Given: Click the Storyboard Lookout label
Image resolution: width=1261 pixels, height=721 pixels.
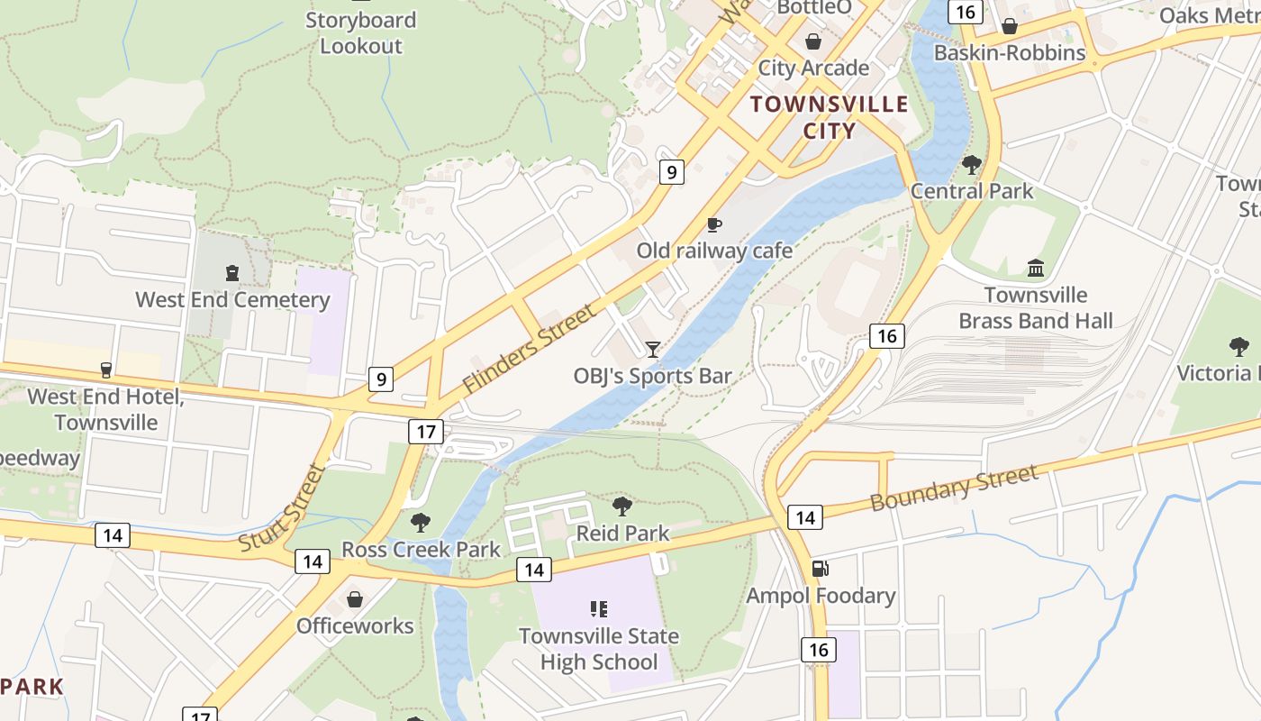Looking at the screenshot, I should pyautogui.click(x=360, y=33).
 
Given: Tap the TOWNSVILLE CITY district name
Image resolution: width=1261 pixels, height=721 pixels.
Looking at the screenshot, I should pyautogui.click(x=830, y=117).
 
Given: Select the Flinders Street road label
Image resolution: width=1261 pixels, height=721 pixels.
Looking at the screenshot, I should pyautogui.click(x=529, y=348).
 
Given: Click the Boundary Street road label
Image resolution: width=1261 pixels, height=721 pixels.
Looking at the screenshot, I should pyautogui.click(x=954, y=488).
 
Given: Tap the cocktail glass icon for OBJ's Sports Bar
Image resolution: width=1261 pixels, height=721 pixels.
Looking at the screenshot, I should pyautogui.click(x=653, y=350).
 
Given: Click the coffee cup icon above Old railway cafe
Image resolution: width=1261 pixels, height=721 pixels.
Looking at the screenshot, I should pyautogui.click(x=714, y=224).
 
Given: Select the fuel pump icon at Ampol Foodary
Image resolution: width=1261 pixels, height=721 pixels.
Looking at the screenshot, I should pyautogui.click(x=820, y=569).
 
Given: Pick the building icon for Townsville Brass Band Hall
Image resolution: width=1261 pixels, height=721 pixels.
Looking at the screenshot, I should pyautogui.click(x=1036, y=269).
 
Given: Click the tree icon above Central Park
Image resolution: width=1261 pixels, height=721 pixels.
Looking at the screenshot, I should pyautogui.click(x=971, y=165).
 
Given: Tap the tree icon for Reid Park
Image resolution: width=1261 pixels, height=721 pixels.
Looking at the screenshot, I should pyautogui.click(x=621, y=507).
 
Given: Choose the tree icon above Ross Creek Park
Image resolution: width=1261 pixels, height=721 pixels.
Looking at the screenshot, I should pyautogui.click(x=420, y=523).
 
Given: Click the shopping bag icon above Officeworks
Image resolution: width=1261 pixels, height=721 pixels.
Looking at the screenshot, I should pyautogui.click(x=355, y=599).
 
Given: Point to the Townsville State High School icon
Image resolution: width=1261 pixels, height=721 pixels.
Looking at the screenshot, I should pyautogui.click(x=598, y=609).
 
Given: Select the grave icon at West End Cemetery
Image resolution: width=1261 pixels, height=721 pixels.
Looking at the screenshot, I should pyautogui.click(x=232, y=273).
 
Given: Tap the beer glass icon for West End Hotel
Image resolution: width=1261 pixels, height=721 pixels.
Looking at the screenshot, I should pyautogui.click(x=105, y=370).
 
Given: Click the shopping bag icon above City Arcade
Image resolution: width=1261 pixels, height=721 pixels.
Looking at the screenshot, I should pyautogui.click(x=813, y=41).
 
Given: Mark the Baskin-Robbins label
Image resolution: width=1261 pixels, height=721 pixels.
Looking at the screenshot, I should pyautogui.click(x=1010, y=52).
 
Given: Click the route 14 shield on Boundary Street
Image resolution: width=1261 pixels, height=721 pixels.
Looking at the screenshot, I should pyautogui.click(x=804, y=517).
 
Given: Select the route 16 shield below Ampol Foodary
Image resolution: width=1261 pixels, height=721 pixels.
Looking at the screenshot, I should pyautogui.click(x=818, y=650).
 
